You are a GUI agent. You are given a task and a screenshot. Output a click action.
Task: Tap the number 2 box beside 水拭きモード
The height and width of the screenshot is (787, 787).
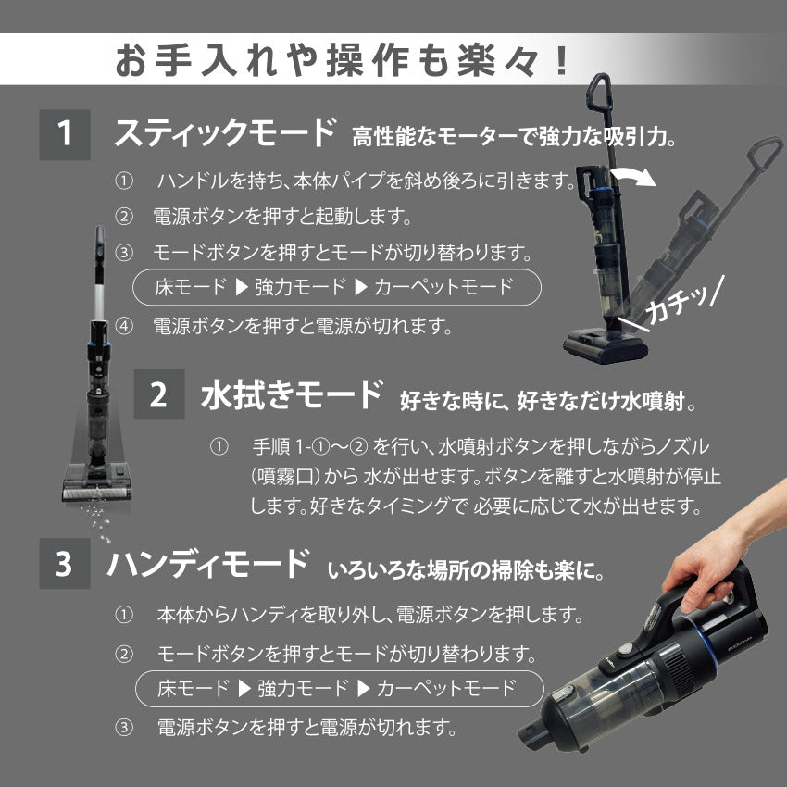159,396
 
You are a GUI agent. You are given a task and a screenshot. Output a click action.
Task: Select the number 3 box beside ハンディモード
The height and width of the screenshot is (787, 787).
65,564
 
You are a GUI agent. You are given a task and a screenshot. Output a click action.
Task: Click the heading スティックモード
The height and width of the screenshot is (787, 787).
223,134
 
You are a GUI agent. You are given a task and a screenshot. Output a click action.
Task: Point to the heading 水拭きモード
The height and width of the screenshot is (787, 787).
292,395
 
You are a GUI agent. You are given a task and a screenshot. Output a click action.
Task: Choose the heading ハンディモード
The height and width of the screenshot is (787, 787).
207,563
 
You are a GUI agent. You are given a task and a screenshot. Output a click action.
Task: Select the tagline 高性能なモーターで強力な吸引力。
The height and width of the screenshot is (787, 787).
515,139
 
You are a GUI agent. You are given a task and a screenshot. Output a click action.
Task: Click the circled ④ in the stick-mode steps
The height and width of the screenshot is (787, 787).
124,326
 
